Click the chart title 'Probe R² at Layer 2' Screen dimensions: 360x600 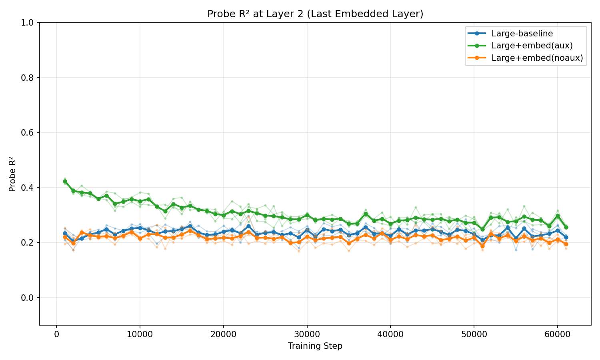pyautogui.click(x=315, y=14)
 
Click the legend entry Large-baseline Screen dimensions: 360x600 pyautogui.click(x=522, y=34)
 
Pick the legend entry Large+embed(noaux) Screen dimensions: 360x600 pyautogui.click(x=537, y=58)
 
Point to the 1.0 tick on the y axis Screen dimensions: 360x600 pyautogui.click(x=30, y=23)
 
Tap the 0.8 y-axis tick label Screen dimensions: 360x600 pyautogui.click(x=30, y=78)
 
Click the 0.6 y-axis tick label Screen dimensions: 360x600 pyautogui.click(x=30, y=133)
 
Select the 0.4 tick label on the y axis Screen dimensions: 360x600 pyautogui.click(x=30, y=188)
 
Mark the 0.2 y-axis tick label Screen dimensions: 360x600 pyautogui.click(x=30, y=243)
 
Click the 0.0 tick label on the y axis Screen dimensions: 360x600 pyautogui.click(x=30, y=298)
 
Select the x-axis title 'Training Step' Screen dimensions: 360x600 pyautogui.click(x=315, y=346)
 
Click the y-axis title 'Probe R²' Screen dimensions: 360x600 pyautogui.click(x=12, y=174)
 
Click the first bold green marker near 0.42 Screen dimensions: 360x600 pyautogui.click(x=65, y=181)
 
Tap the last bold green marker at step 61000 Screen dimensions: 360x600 pyautogui.click(x=566, y=227)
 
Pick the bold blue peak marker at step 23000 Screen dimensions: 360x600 pyautogui.click(x=248, y=226)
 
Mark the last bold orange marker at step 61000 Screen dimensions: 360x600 pyautogui.click(x=566, y=244)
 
